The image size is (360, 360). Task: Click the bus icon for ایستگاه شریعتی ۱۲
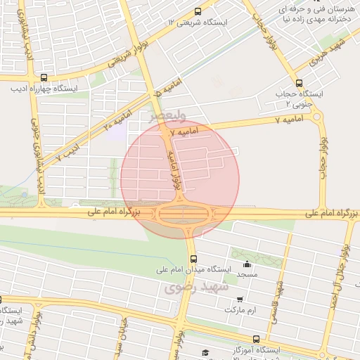(x=198, y=11)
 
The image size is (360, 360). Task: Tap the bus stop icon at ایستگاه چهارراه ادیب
(x=44, y=78)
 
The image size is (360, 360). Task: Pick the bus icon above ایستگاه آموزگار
(x=255, y=338)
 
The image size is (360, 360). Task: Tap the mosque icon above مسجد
(x=247, y=265)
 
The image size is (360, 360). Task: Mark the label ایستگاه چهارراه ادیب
(x=44, y=89)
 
